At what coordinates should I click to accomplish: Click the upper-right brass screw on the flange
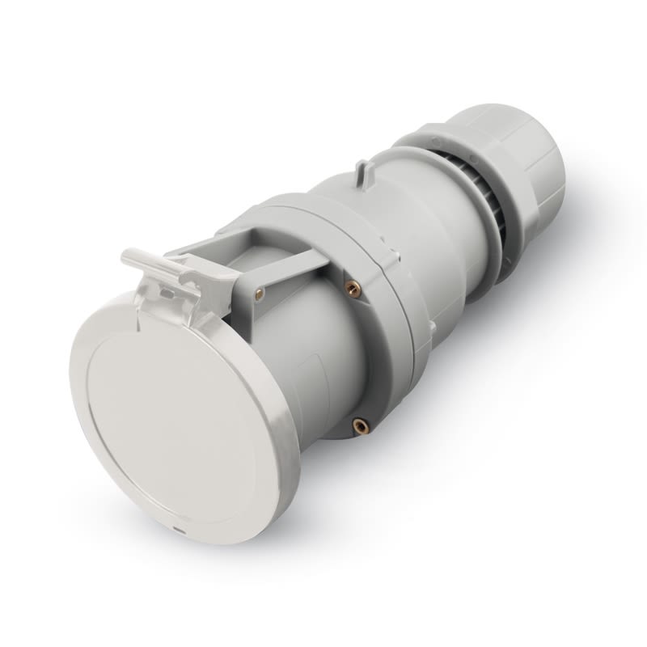353,287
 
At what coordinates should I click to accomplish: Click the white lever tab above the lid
154,260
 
